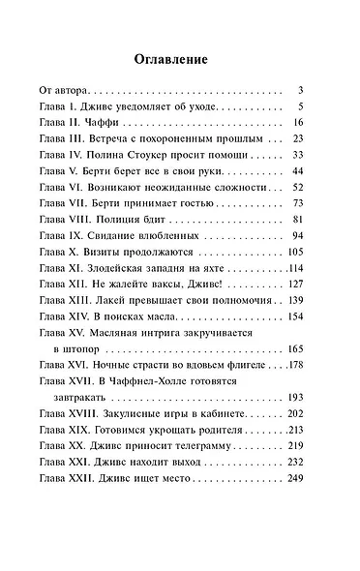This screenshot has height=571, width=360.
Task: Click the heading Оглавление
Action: point(179,59)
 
